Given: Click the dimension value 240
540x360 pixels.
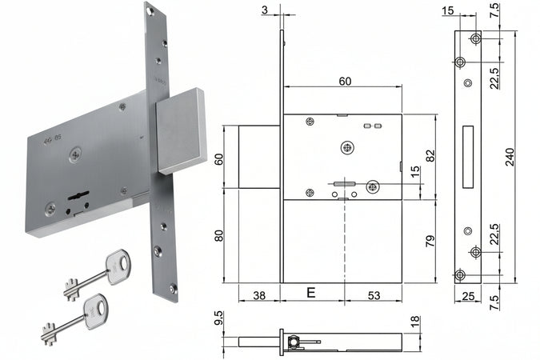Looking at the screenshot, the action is click(510, 157).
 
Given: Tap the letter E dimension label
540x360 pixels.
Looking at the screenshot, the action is click(310, 293).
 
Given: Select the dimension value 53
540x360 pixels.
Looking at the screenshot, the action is click(374, 295).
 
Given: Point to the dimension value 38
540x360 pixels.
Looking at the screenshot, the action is click(259, 295).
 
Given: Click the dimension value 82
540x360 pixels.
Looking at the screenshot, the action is click(430, 156).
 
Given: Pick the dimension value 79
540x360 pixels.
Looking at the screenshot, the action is click(430, 241).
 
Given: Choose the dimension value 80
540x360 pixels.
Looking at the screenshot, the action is click(219, 236).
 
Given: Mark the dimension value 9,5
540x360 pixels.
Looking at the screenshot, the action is click(218, 318).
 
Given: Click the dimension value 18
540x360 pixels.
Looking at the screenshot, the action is click(416, 321).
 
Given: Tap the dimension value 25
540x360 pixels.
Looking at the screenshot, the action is click(468, 296).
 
